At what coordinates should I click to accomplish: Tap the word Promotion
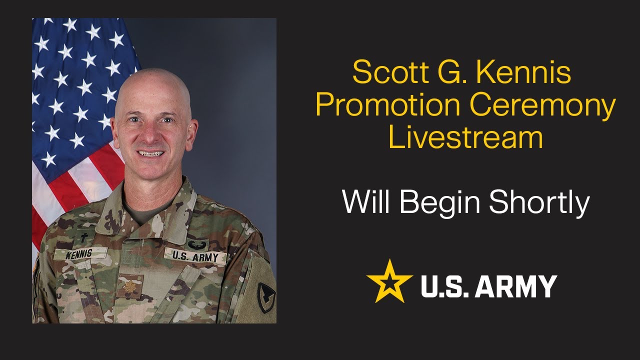[387, 105]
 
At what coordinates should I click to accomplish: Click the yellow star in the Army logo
[389, 281]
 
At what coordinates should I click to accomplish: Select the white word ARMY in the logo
[519, 286]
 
